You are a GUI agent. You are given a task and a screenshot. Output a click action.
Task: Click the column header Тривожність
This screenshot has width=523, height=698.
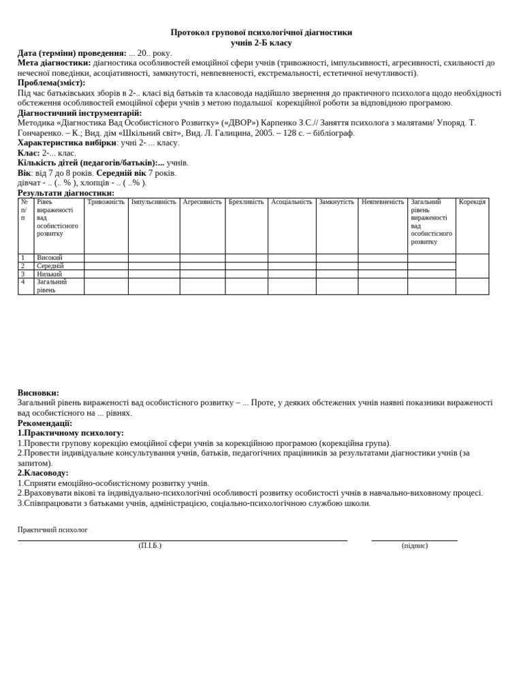coord(106,202)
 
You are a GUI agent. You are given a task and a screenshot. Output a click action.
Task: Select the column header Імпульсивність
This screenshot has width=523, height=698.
coord(153,202)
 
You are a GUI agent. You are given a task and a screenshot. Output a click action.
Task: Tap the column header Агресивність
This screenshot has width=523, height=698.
coord(202,202)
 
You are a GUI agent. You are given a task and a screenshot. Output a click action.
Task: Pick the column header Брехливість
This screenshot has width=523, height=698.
coord(246,202)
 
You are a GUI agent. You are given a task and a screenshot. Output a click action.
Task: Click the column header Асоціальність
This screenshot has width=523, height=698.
coord(291,202)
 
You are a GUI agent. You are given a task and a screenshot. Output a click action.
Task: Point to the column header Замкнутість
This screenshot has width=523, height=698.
coord(336,202)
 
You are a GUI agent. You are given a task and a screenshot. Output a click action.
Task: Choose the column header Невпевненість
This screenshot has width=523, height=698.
coord(383,202)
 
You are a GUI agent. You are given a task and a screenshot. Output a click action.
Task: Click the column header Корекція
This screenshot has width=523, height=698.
coord(472,202)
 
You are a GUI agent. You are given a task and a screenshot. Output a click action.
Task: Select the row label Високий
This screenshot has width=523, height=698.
coord(50,258)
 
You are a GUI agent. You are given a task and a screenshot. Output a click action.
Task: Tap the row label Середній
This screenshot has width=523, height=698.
coord(50,266)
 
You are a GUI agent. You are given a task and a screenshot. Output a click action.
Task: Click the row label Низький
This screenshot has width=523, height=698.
coord(49,274)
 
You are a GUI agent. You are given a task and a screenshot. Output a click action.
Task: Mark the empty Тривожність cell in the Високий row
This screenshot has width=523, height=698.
coord(106,258)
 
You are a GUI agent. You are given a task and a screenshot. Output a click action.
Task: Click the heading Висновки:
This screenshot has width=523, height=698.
coord(38,393)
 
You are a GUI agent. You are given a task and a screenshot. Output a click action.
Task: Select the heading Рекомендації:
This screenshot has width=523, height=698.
coord(45,423)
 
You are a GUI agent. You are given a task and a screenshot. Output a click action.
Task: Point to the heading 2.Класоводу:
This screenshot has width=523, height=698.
coord(43,472)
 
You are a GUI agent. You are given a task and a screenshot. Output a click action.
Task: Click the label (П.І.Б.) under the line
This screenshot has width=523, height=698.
coord(150,545)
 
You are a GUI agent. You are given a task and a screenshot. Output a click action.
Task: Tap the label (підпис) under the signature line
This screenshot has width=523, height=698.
coord(415,545)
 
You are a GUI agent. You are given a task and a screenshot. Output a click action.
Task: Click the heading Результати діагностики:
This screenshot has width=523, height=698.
coord(66,193)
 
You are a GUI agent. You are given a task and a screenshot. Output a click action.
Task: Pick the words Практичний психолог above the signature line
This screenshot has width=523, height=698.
coord(52,530)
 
